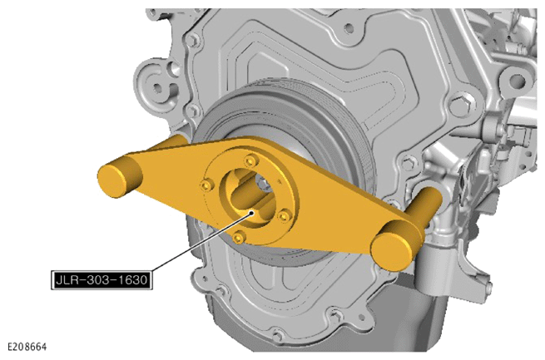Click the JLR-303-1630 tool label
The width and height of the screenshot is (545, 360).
tap(102, 279)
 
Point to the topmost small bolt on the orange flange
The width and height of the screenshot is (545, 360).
tap(250, 160)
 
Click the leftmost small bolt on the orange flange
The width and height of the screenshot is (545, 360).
tap(207, 185)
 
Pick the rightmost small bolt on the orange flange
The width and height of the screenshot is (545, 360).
tap(284, 216)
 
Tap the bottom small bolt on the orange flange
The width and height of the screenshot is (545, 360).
tap(238, 237)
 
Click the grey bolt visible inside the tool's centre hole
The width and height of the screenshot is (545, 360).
tap(262, 183)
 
